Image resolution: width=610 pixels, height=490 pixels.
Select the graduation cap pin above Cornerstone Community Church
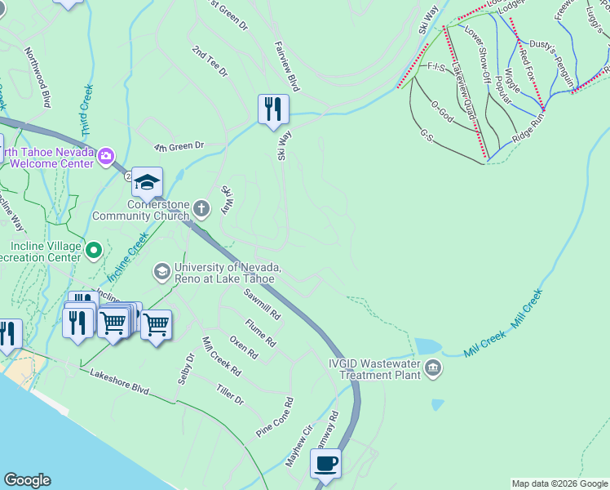click(x=148, y=183)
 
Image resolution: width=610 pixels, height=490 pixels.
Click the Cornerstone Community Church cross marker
click(x=202, y=210)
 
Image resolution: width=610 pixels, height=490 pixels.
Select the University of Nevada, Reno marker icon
click(x=162, y=270)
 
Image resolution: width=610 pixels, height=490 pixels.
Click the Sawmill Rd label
click(x=262, y=303)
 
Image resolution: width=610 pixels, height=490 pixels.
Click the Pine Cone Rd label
click(x=275, y=418)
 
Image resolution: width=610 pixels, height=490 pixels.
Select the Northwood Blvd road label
click(x=38, y=77)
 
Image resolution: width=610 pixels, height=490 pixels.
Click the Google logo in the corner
click(x=27, y=480)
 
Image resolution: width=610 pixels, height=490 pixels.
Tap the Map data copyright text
click(x=560, y=483)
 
